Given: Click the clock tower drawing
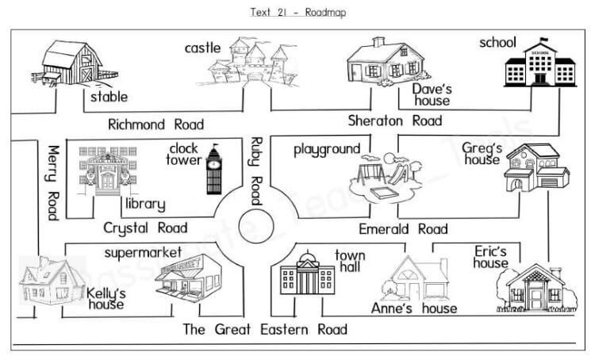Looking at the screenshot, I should tap(214, 168).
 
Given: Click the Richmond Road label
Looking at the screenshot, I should tap(155, 124).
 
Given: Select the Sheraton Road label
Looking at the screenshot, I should tap(394, 121).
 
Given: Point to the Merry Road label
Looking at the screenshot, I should tap(53, 182).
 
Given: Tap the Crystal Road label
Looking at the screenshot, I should tap(145, 228).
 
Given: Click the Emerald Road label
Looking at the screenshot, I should tap(404, 229).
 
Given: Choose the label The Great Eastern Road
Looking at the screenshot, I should tap(265, 329).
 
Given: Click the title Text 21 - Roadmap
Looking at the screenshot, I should tap(297, 13).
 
